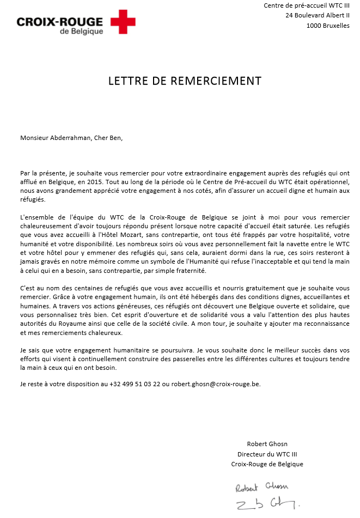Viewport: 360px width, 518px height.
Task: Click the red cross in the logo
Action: point(123,22)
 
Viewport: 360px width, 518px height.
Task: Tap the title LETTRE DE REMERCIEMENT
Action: point(185,81)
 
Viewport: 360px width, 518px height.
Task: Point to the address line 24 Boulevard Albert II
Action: point(317,15)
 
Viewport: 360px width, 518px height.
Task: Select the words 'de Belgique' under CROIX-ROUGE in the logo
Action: point(81,32)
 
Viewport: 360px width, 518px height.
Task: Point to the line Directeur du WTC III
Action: point(267,454)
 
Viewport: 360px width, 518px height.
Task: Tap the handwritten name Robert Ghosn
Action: point(262,487)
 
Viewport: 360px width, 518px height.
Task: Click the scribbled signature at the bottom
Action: point(267,504)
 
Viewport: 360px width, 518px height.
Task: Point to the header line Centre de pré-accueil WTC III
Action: point(307,5)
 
